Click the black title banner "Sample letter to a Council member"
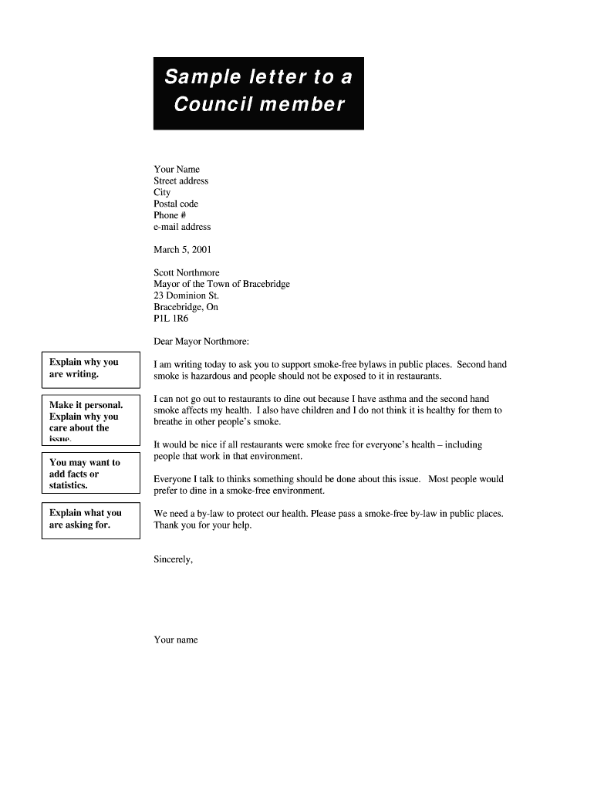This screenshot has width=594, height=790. (x=258, y=93)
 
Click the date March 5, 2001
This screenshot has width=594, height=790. (x=182, y=250)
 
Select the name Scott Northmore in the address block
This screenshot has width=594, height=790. (x=187, y=272)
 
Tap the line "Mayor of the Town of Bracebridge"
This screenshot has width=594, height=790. (x=221, y=284)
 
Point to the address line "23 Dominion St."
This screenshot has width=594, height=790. (x=186, y=295)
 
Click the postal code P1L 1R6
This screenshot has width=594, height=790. (x=171, y=318)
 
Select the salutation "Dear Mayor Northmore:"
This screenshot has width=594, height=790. (x=201, y=341)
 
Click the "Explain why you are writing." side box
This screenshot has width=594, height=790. (x=90, y=369)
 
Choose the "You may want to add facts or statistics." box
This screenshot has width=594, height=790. (x=90, y=474)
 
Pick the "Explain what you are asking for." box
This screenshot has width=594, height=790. (x=90, y=519)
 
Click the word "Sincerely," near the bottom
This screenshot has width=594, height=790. (x=173, y=560)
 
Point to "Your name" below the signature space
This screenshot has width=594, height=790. (x=176, y=640)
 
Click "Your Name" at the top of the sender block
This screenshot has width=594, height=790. (x=177, y=169)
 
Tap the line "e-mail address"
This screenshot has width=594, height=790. (x=182, y=227)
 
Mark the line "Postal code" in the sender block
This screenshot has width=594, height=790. (x=176, y=204)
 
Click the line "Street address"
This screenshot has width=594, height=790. (x=181, y=181)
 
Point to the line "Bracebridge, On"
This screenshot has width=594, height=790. (x=186, y=307)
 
